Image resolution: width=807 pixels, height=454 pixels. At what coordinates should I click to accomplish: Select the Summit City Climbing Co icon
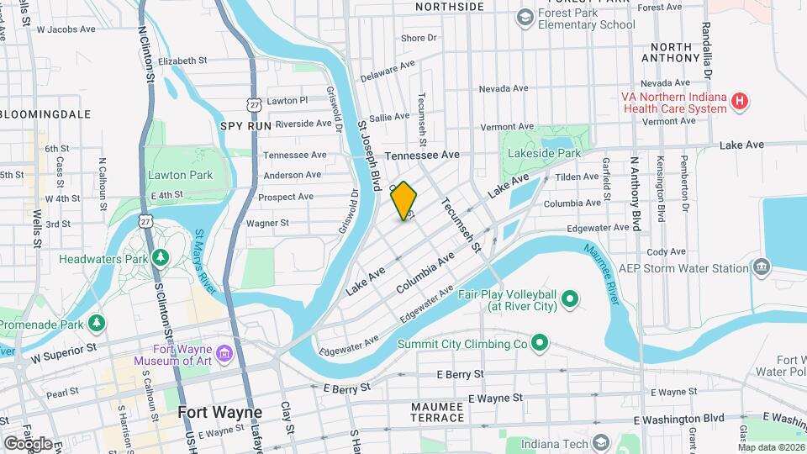point(540,343)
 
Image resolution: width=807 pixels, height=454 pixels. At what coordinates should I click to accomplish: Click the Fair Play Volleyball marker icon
point(569,298)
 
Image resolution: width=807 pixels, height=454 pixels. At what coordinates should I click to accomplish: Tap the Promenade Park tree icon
point(98,323)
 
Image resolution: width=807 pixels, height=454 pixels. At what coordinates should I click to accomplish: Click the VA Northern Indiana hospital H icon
point(739,102)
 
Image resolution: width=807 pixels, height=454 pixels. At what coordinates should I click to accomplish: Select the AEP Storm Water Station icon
point(762,268)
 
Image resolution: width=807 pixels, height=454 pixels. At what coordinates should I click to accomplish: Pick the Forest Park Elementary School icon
point(525,17)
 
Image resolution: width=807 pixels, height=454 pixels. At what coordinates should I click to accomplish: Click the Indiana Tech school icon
point(600,442)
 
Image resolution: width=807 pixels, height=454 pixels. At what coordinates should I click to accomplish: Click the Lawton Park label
point(179,175)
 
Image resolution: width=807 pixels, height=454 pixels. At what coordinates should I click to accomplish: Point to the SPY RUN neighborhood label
point(245,125)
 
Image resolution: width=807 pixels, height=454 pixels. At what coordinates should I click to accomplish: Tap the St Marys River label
point(207,261)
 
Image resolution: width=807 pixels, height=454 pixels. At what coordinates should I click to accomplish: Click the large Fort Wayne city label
point(219,413)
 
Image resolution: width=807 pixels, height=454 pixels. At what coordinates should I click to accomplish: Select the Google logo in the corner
point(27,443)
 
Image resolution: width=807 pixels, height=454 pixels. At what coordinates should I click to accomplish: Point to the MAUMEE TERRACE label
point(437,412)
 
